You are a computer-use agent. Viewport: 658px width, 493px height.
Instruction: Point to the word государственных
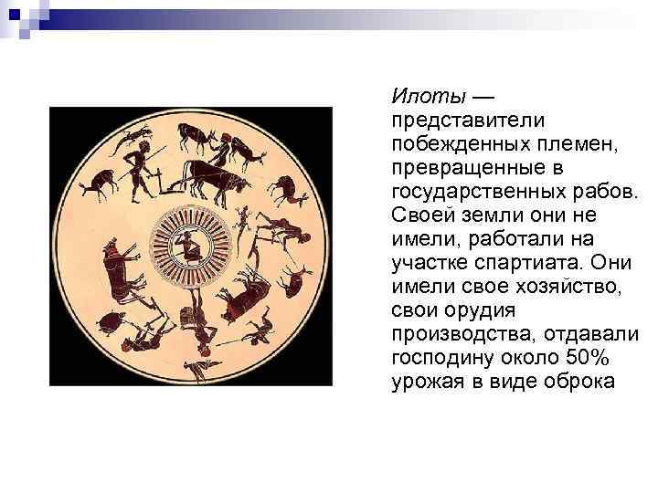[479, 191]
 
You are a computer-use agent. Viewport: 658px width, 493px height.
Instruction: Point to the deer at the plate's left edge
[95, 182]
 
